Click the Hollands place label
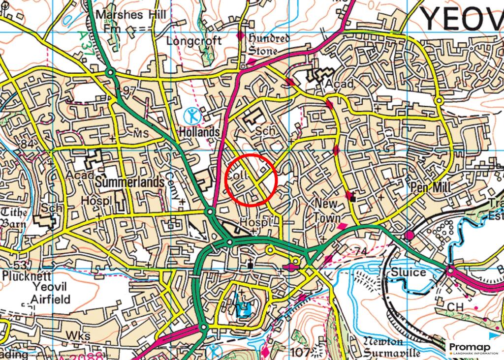[199, 132]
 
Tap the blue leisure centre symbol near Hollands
[192, 117]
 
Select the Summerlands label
[129, 182]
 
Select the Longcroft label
[194, 41]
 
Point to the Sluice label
[408, 272]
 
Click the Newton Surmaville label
[392, 347]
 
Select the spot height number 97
[129, 90]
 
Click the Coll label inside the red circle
[236, 175]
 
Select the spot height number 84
[27, 144]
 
